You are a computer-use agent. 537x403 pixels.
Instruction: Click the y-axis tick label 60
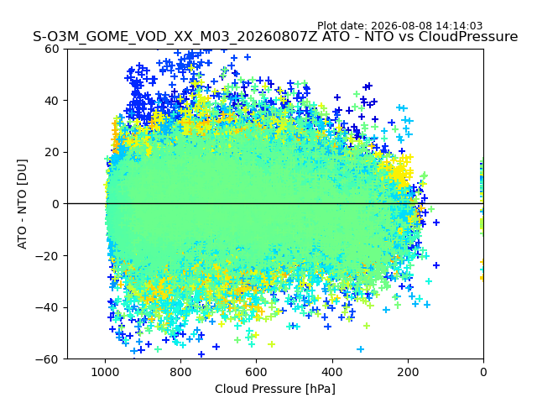coord(52,49)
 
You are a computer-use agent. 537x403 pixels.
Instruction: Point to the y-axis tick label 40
coord(52,101)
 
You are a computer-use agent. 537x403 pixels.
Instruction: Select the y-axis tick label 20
coord(52,153)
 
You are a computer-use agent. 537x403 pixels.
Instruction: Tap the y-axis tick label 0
coord(55,204)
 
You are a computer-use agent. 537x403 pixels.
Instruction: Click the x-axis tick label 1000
coord(106,372)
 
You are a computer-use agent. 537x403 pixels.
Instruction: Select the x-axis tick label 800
coord(181,372)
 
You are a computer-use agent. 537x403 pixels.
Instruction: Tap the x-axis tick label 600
coord(257,372)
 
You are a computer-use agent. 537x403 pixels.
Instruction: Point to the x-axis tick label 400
coord(332,372)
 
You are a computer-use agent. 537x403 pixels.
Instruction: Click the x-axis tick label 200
coord(408,372)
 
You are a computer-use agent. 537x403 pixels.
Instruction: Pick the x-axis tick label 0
coord(483,372)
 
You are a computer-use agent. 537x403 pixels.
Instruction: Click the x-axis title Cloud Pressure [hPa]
coord(275,389)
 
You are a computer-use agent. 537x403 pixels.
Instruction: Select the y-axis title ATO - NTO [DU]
coord(23,204)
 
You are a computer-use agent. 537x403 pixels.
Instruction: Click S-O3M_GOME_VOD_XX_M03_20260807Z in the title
coord(175,37)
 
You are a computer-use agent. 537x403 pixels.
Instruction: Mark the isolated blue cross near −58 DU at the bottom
coord(201,354)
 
